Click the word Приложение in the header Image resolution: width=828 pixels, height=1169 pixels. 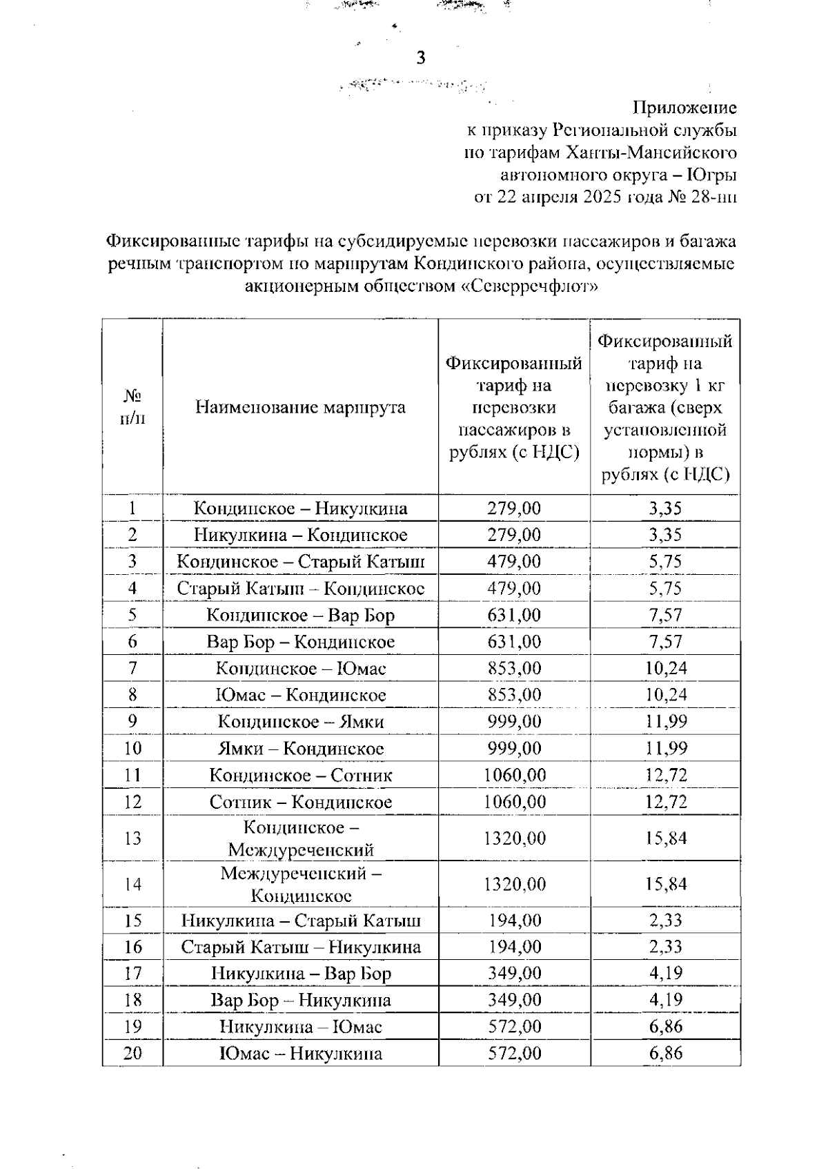(684, 108)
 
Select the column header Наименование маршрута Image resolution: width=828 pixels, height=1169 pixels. (300, 407)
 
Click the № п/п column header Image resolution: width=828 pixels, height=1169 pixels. (132, 407)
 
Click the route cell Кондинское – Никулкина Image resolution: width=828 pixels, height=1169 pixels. (300, 509)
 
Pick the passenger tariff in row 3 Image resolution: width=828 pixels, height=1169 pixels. (514, 562)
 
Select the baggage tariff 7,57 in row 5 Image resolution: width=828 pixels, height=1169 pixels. (665, 615)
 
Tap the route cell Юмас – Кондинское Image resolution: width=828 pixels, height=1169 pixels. (300, 695)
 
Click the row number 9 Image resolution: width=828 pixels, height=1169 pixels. (132, 721)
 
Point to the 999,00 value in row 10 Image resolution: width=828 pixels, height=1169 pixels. (514, 748)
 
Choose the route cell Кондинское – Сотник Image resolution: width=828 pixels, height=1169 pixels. (300, 775)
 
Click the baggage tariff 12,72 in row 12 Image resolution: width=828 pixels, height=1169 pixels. (665, 802)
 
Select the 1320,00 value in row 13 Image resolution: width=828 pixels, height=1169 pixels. (514, 838)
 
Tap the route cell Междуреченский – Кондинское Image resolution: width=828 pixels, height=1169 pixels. (300, 885)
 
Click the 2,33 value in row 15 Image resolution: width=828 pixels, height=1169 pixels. (665, 920)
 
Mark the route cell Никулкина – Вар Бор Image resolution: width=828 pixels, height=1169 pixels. (300, 974)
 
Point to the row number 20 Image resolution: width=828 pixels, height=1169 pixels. (132, 1054)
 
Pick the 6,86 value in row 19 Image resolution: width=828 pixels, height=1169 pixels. (665, 1027)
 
